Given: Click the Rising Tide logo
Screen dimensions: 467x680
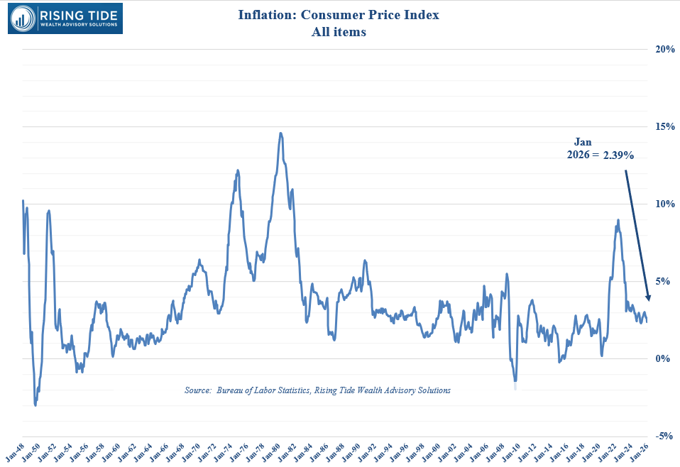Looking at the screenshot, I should pos(65,18).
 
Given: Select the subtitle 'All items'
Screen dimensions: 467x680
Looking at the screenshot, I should pos(339,32).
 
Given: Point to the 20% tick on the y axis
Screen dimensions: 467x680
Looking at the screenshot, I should pos(664,49).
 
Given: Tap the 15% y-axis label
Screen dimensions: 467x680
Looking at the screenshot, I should pos(664,126).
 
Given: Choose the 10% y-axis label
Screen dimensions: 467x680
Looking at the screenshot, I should pos(664,204).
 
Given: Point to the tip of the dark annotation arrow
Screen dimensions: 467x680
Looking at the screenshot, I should pos(647,300).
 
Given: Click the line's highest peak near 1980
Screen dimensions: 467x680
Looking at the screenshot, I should pos(281,133).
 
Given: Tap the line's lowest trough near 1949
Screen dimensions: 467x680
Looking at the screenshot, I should pos(35,405).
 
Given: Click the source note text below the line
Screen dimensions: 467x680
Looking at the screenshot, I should pos(317,390).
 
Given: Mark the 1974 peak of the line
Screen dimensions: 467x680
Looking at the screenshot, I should pos(238,170).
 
